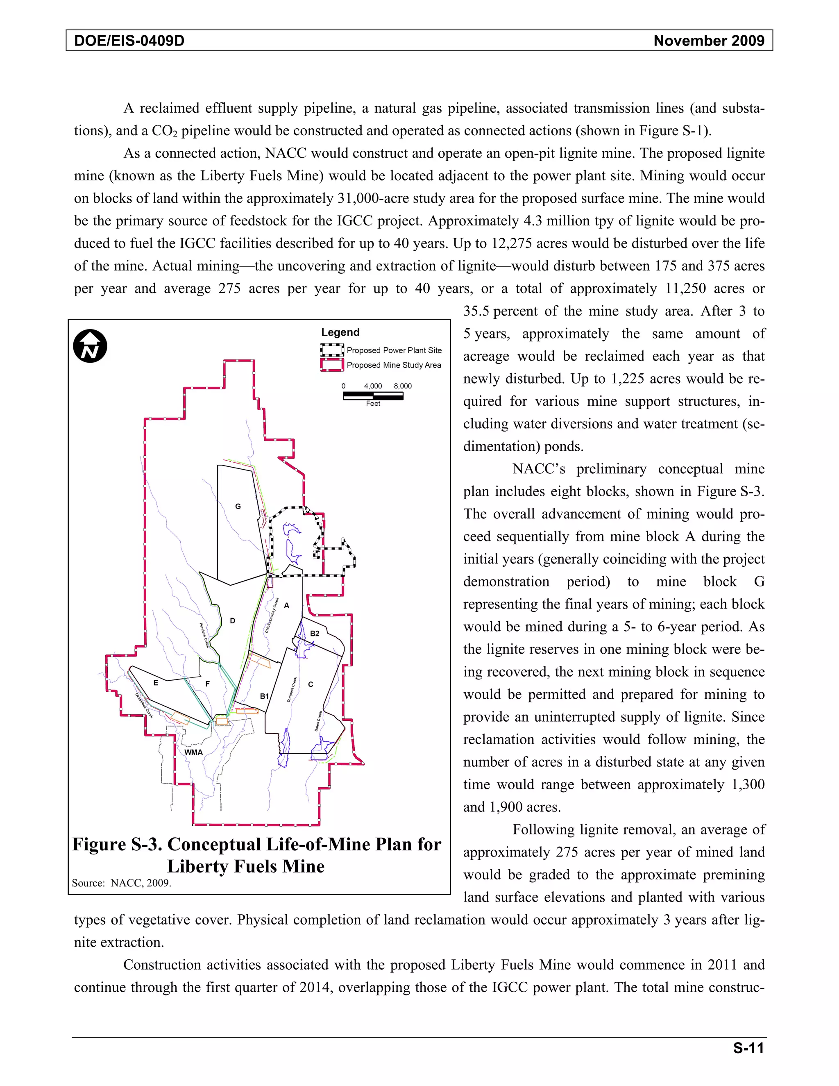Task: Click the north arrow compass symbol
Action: pos(90,346)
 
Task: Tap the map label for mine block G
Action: pos(238,506)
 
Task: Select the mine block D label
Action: pos(232,620)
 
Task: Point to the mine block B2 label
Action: pos(315,634)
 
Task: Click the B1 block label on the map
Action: pos(264,696)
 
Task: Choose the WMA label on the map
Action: pos(193,752)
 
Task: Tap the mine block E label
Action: pos(156,683)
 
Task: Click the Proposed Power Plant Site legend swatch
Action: pos(331,350)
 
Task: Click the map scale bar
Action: pos(373,396)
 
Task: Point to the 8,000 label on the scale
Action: pos(403,386)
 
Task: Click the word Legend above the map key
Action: pos(340,332)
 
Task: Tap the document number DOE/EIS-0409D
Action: pos(129,41)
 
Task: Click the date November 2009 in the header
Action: pos(709,41)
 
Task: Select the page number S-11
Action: pos(748,1048)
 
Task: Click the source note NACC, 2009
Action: pos(141,883)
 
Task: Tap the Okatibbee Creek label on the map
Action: pos(144,706)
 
